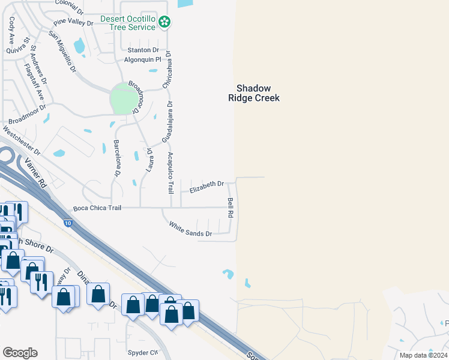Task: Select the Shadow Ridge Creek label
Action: click(254, 92)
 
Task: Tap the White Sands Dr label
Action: click(190, 229)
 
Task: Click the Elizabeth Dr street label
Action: click(206, 187)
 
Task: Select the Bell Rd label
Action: click(230, 208)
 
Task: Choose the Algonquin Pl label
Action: click(143, 59)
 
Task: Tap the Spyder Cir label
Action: click(142, 352)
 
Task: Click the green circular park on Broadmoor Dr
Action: click(124, 99)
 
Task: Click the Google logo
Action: click(20, 353)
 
